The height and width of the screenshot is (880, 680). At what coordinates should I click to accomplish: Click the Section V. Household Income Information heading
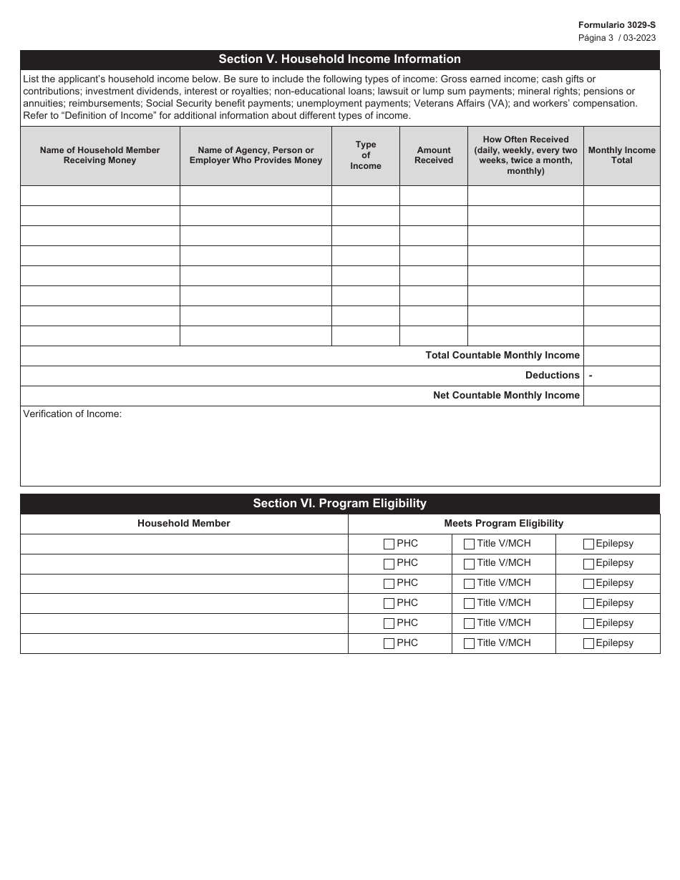pos(339,59)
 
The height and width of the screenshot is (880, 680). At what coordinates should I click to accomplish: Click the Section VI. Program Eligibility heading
pos(339,504)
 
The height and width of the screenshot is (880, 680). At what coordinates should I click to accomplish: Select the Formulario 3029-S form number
pos(616,25)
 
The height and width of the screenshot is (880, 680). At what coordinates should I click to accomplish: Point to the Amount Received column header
pos(433,155)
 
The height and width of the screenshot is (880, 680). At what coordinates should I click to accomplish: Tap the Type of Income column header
pos(365,155)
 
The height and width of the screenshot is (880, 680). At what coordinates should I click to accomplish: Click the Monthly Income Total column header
pos(621,155)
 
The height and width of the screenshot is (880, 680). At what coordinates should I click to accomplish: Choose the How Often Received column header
pos(525,155)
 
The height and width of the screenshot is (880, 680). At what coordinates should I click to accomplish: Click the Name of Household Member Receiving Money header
pos(99,155)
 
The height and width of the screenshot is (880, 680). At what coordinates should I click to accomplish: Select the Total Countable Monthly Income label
pos(502,356)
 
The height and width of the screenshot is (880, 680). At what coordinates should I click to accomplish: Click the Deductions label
pos(552,376)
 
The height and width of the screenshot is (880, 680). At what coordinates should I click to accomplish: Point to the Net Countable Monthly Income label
pos(506,396)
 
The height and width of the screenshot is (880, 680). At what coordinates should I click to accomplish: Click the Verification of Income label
pos(72,414)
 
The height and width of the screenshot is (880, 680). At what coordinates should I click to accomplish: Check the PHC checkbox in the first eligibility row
pos(389,544)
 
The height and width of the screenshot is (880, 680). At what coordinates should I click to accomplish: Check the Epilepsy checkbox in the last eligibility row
pos(588,643)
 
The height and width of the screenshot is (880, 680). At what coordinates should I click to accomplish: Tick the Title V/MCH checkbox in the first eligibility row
pos(469,544)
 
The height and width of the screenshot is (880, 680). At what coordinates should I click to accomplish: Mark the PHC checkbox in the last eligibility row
pos(389,643)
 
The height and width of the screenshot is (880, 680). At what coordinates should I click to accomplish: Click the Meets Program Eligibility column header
pos(503,524)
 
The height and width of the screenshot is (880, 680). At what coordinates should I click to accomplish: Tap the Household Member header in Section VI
pos(184,524)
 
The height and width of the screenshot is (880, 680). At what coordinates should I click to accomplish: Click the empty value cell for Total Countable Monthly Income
pos(621,356)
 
